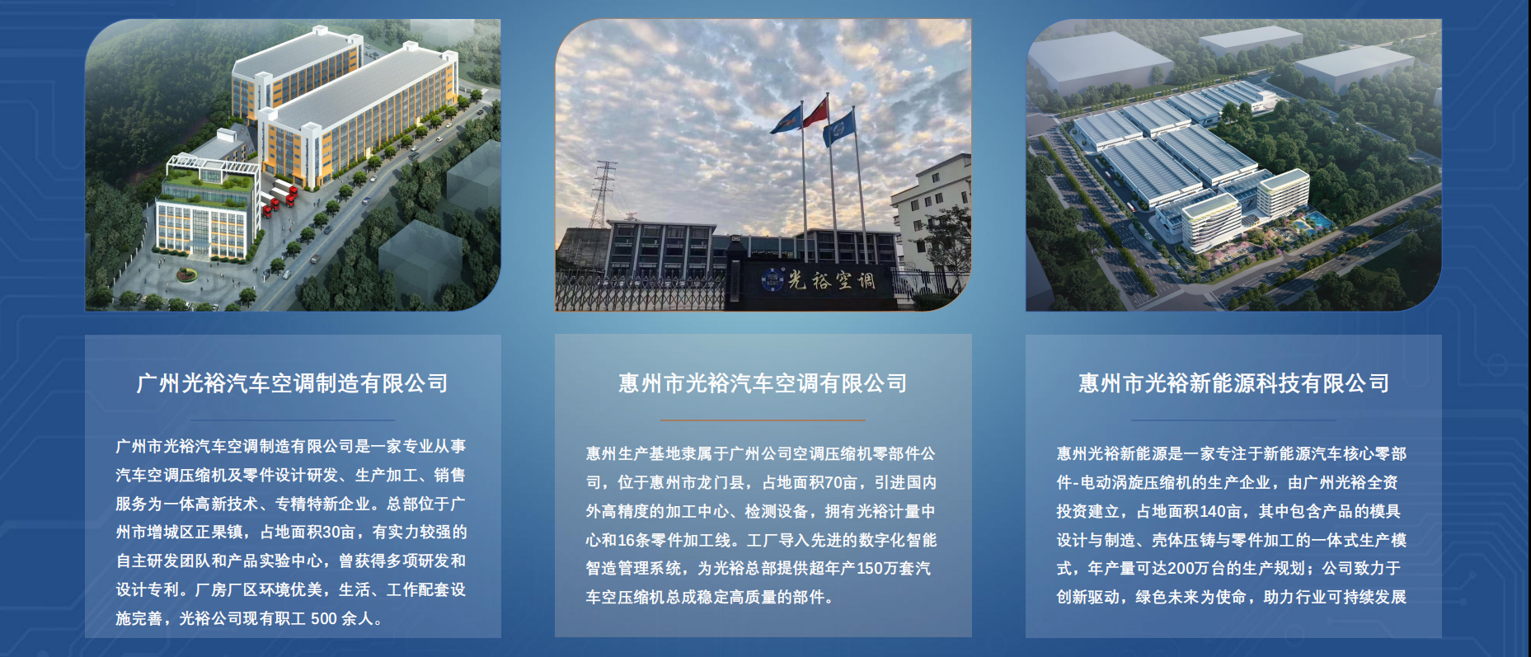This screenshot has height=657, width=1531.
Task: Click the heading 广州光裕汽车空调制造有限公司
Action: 293,383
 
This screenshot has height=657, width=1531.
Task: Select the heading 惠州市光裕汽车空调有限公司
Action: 763,383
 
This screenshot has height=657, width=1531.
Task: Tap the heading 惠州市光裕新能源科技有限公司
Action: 1234,383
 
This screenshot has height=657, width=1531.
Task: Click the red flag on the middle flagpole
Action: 815,113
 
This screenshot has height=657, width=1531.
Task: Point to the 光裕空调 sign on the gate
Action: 832,280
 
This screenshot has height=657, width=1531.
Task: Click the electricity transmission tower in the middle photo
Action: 604,193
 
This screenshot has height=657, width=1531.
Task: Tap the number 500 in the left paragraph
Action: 324,618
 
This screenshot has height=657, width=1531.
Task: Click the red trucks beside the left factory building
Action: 279,197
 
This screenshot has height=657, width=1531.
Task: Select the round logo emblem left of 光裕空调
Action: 773,280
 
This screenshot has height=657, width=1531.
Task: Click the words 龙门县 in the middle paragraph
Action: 722,482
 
